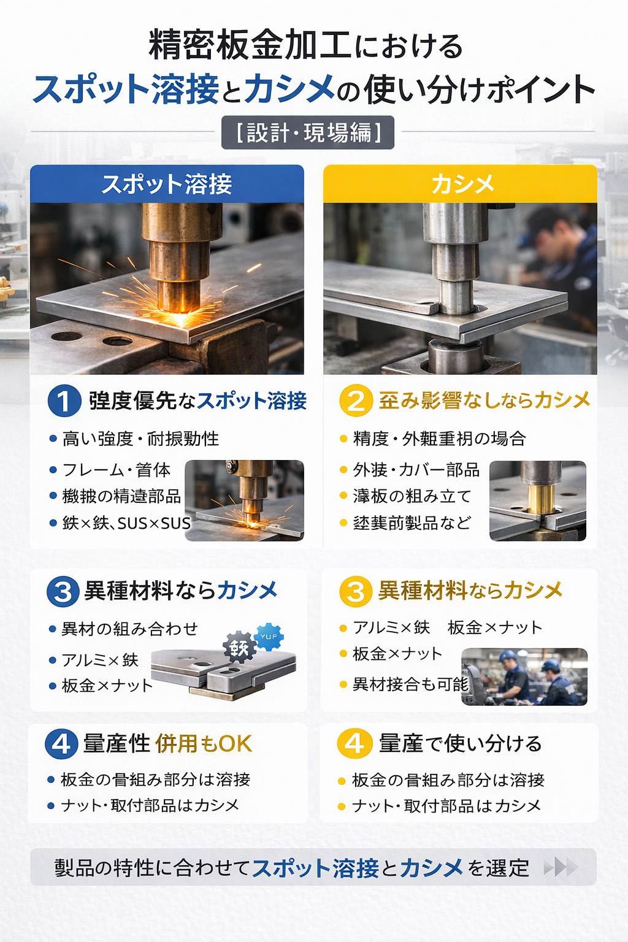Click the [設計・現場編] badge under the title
[x=308, y=132]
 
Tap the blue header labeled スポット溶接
[x=167, y=184]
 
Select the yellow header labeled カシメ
[x=461, y=184]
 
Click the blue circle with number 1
[x=64, y=401]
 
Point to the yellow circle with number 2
[x=356, y=401]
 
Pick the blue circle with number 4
[x=61, y=744]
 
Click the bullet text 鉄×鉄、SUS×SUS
[x=126, y=523]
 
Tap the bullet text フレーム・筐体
[x=117, y=470]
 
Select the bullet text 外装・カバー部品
[x=416, y=470]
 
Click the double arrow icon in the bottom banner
[x=561, y=867]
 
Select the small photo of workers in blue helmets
[x=524, y=677]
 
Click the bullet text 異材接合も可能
[x=410, y=684]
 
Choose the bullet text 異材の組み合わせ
[x=129, y=629]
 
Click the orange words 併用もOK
[x=204, y=744]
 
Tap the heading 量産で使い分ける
[x=460, y=743]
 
